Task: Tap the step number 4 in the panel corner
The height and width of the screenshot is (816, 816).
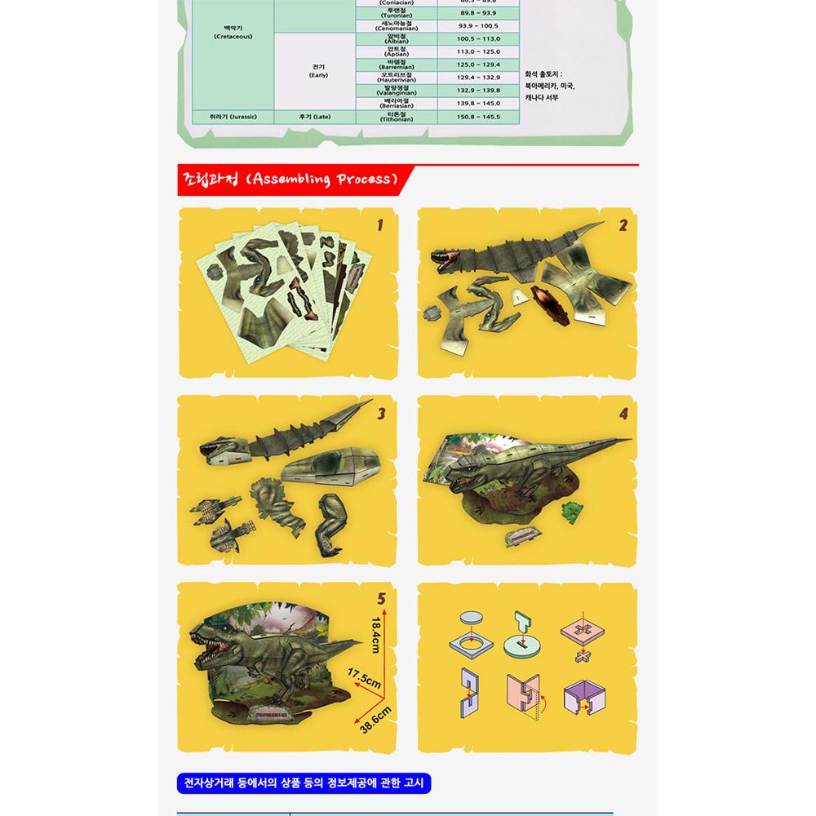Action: [x=623, y=414]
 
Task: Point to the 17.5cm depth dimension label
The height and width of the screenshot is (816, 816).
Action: [x=365, y=681]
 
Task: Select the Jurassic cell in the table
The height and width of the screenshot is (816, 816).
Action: [x=233, y=117]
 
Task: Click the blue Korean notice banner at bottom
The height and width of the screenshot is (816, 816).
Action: [x=303, y=784]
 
